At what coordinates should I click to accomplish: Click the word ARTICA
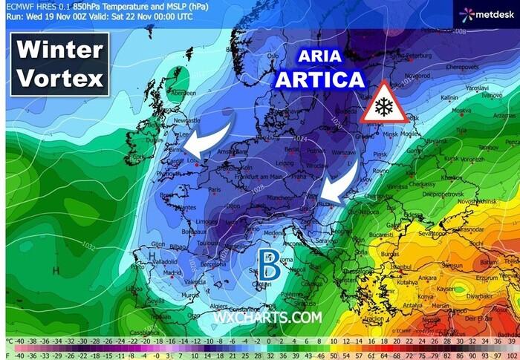point(319,79)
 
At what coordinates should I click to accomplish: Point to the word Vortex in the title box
point(60,78)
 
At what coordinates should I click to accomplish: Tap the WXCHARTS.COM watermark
point(267,317)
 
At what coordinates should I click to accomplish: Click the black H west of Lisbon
point(152,261)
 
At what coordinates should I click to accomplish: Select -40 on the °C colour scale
point(21,342)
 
